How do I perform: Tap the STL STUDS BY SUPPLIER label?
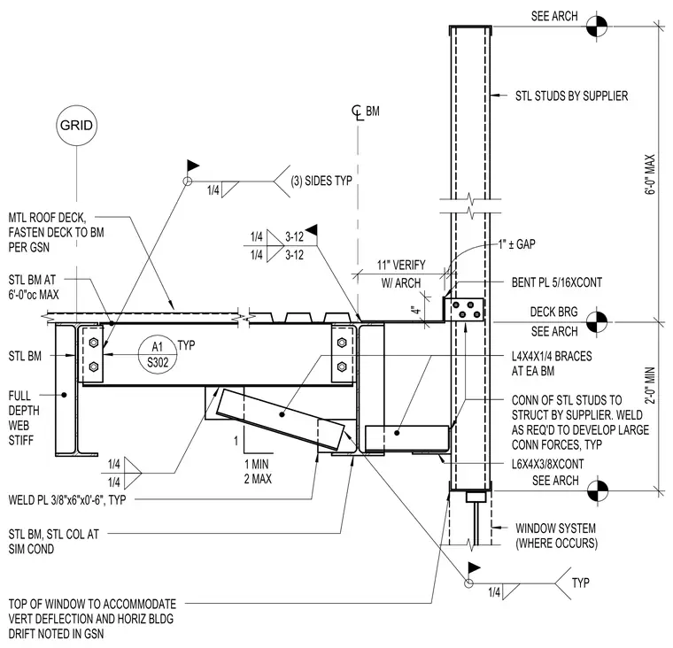571,96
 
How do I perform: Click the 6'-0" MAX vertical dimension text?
650,174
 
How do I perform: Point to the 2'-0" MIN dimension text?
650,385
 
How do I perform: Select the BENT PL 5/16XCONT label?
557,282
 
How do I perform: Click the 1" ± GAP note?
516,244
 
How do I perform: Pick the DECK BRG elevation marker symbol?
597,321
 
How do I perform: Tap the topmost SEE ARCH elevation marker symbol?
597,27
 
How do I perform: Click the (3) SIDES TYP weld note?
321,181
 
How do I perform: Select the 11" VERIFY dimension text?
401,265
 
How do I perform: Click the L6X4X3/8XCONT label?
547,464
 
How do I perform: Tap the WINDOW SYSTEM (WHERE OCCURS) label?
556,536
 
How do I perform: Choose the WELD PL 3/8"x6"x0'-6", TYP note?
67,499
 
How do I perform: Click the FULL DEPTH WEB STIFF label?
24,418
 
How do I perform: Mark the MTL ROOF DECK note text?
56,232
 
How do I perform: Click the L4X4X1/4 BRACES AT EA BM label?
552,364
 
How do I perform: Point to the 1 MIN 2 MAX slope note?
258,471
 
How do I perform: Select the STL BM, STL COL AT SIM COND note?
54,542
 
